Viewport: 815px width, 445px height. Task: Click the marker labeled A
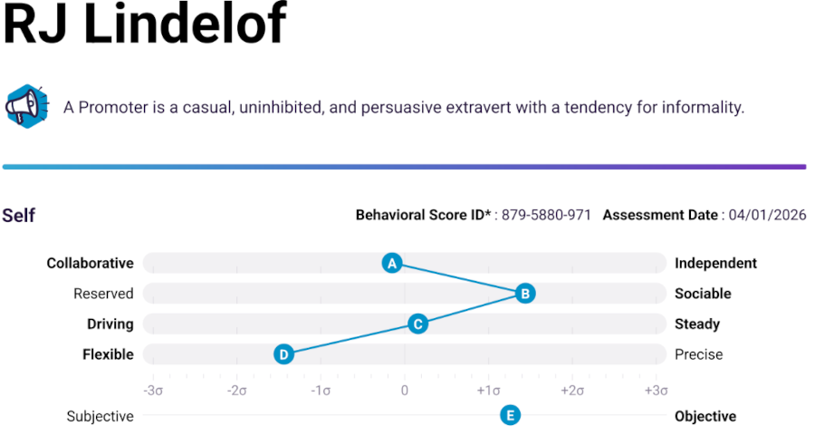[392, 263]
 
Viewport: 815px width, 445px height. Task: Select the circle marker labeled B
[524, 293]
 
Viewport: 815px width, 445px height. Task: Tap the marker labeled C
[417, 324]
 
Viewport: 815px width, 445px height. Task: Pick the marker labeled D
[284, 354]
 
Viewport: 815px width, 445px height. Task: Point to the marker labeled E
[511, 416]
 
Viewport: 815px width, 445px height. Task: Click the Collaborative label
[90, 264]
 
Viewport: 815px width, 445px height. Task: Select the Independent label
[715, 264]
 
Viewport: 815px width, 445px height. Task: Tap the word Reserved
[103, 294]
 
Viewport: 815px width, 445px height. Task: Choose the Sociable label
[703, 294]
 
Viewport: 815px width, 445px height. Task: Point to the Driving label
[110, 324]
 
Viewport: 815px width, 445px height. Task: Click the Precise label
[698, 354]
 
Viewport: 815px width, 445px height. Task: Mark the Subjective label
[100, 417]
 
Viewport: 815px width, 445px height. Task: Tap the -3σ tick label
[152, 391]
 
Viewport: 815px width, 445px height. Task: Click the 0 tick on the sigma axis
[405, 391]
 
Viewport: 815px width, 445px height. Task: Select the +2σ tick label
[572, 391]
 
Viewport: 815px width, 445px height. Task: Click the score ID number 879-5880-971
[546, 216]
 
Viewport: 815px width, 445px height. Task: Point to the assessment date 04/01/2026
[768, 216]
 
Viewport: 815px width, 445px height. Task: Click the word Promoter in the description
[112, 107]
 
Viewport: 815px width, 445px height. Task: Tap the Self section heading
[18, 216]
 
